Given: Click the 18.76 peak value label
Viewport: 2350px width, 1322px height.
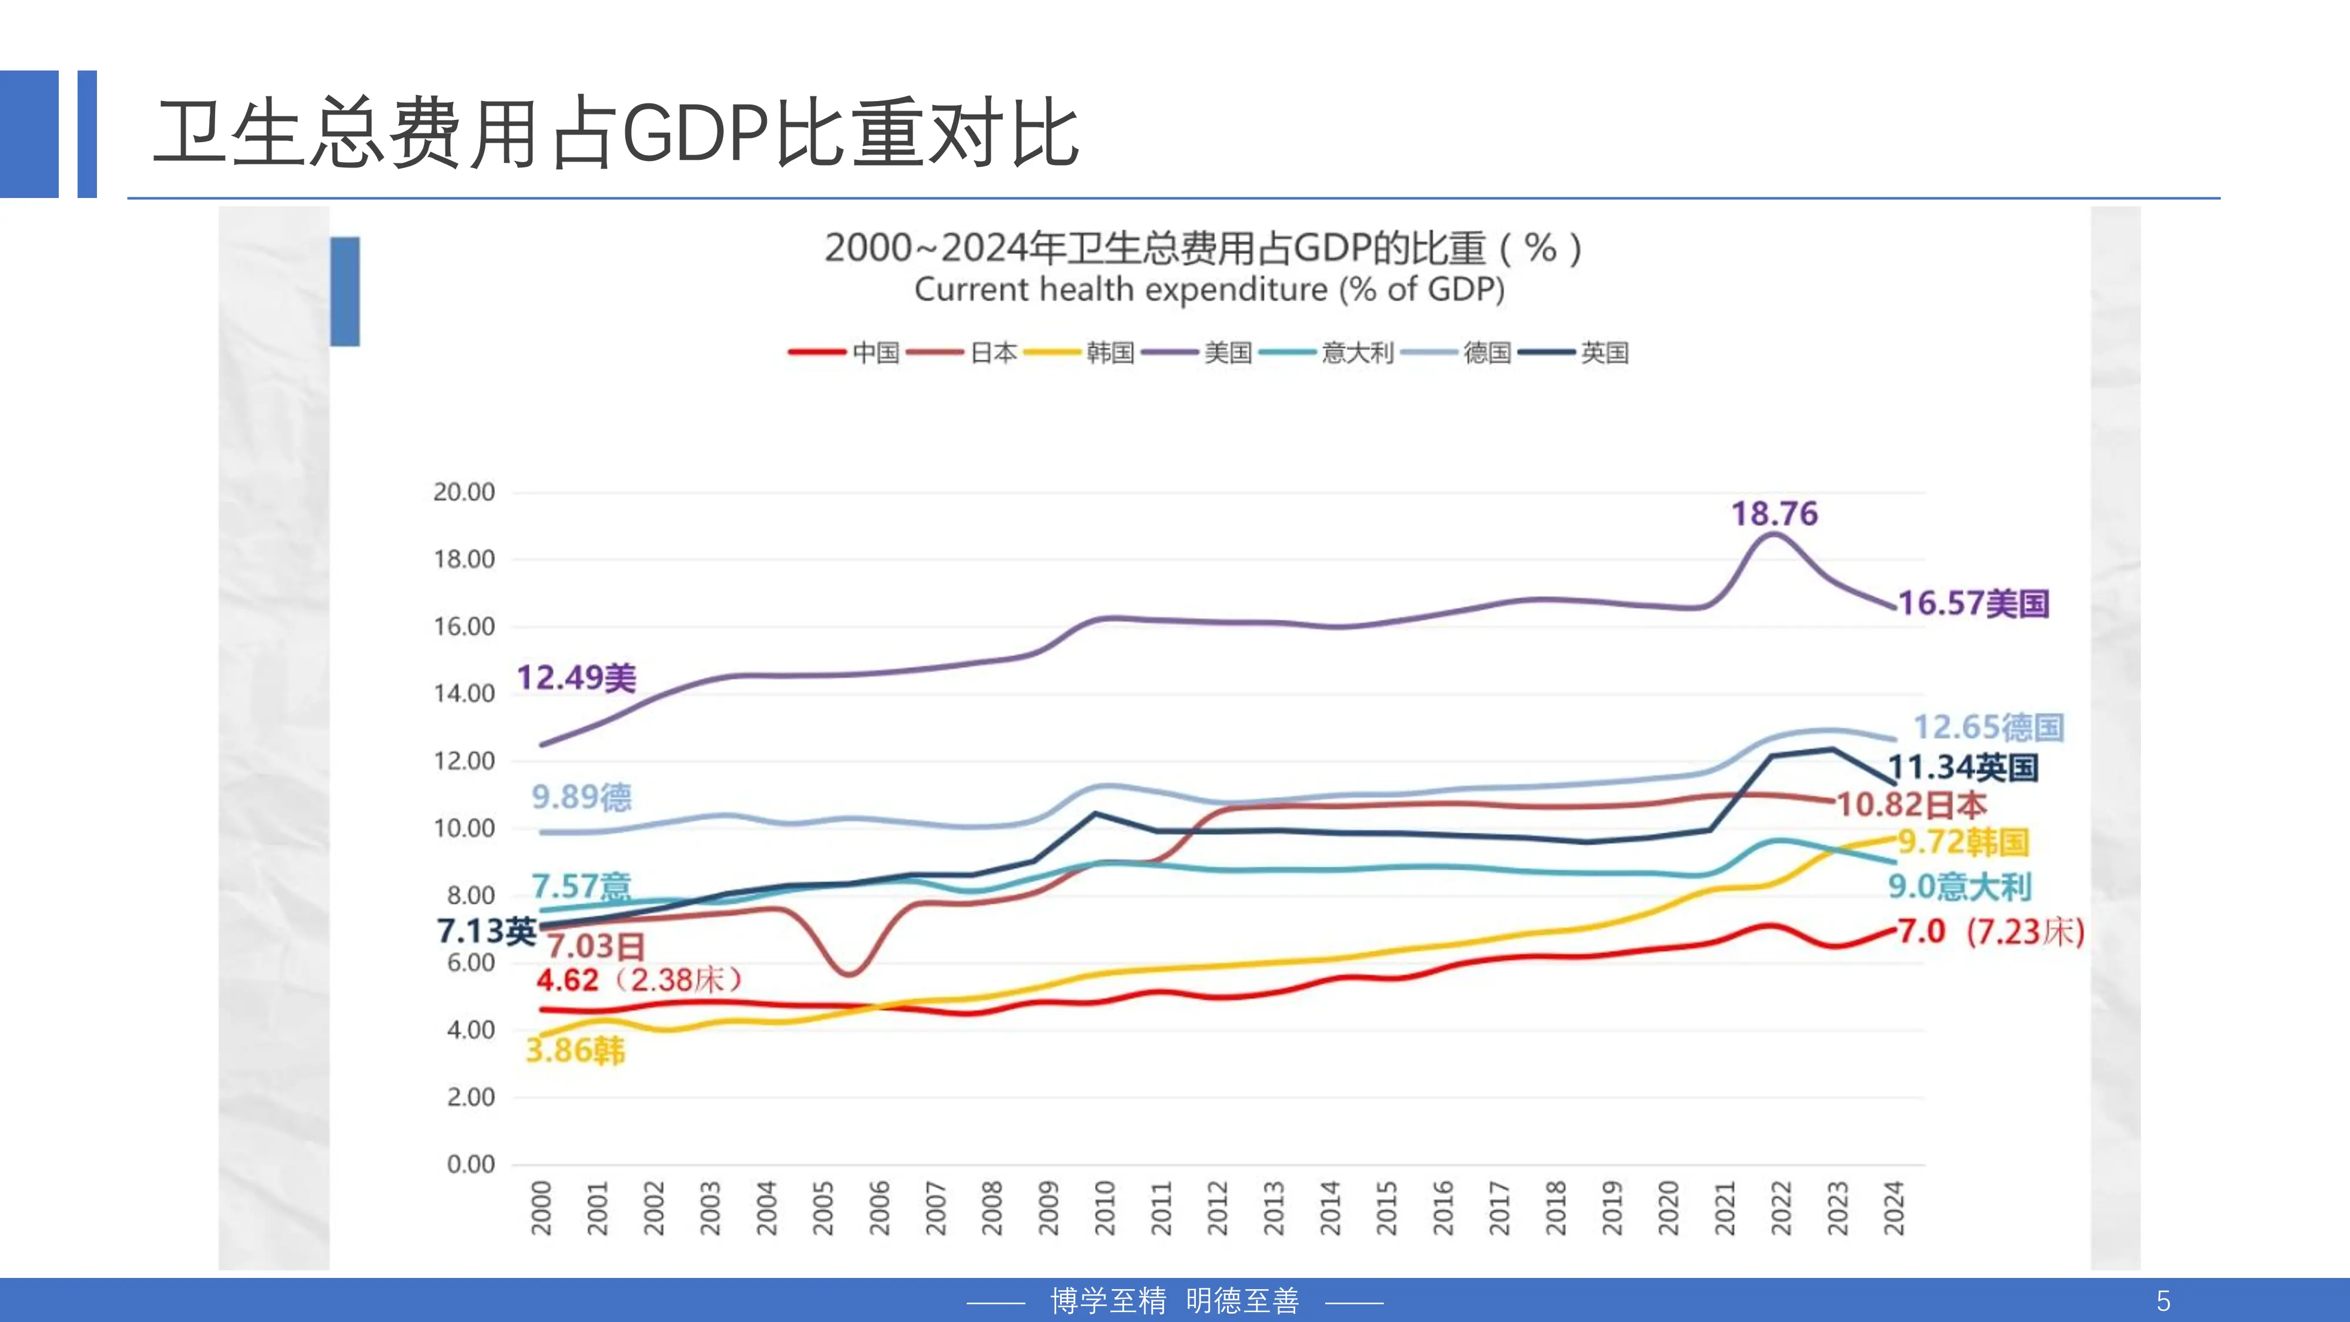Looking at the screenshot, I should (x=1774, y=514).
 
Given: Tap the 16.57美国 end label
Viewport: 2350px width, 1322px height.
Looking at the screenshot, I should (x=1973, y=603).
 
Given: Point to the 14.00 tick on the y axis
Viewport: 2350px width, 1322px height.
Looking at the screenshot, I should (x=464, y=693).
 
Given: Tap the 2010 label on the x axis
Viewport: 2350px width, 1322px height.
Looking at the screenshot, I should (x=1105, y=1207).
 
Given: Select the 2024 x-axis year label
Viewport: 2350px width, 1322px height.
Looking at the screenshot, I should (x=1894, y=1207).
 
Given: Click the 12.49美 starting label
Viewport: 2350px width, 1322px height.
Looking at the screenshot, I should (x=576, y=678).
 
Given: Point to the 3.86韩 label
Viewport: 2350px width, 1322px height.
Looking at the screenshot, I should (x=575, y=1050).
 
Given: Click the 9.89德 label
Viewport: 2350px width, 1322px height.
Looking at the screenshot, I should (x=581, y=797).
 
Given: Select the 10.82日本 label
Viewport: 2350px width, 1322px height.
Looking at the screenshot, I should (x=1910, y=805).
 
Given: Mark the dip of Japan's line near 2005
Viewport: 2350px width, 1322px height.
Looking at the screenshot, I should (x=849, y=974).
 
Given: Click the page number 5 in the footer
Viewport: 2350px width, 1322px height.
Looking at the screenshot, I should (x=2163, y=1300).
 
